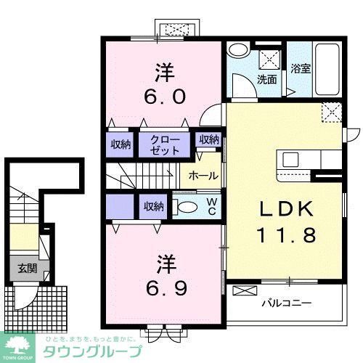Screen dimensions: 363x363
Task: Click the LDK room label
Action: [286, 211]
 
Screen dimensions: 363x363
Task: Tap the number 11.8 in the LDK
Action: [286, 235]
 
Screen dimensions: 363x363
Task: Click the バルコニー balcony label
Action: [287, 302]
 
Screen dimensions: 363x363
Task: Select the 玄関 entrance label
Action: [26, 268]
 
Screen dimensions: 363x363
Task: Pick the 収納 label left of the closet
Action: [121, 144]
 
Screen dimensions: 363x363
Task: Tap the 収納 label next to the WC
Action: [153, 207]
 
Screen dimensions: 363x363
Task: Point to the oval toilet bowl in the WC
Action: [187, 207]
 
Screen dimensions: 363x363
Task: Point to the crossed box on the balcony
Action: [245, 291]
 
